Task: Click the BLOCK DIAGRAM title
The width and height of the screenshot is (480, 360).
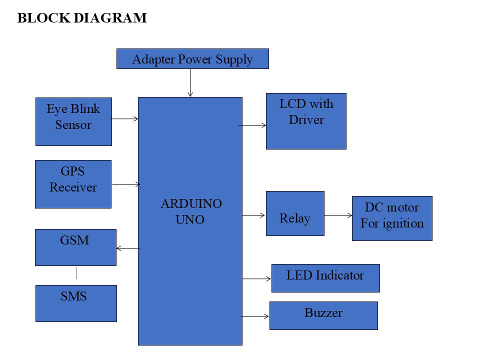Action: tap(82, 18)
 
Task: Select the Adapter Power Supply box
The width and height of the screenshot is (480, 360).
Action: tap(192, 58)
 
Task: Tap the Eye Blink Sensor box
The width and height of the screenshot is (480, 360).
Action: tap(73, 121)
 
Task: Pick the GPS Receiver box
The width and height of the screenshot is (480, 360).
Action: tap(73, 184)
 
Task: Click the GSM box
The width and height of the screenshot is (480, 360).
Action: tap(75, 247)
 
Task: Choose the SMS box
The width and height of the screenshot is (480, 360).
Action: tap(76, 303)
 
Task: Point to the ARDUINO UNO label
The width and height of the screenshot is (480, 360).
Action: tap(190, 211)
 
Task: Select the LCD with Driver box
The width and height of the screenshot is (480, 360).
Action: tap(306, 121)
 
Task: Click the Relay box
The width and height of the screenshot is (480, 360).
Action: tap(295, 213)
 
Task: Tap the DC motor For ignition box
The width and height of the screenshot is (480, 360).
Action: tap(392, 218)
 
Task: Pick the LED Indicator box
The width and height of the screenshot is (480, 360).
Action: tap(325, 278)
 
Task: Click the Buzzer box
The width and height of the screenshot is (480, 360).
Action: tap(323, 315)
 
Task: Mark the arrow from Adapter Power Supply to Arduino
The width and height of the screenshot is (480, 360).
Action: tap(190, 82)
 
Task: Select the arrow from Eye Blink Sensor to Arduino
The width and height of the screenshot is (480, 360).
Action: tap(125, 119)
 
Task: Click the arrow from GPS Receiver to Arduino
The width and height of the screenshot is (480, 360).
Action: tap(126, 184)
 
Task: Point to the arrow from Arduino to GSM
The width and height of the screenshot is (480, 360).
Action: tap(128, 248)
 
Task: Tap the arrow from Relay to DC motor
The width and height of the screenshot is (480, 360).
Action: tap(338, 215)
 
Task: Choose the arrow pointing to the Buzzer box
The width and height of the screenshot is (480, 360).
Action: tap(255, 316)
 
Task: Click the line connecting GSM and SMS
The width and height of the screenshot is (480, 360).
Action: tap(76, 273)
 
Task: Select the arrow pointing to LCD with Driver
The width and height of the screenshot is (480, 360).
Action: tap(254, 125)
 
